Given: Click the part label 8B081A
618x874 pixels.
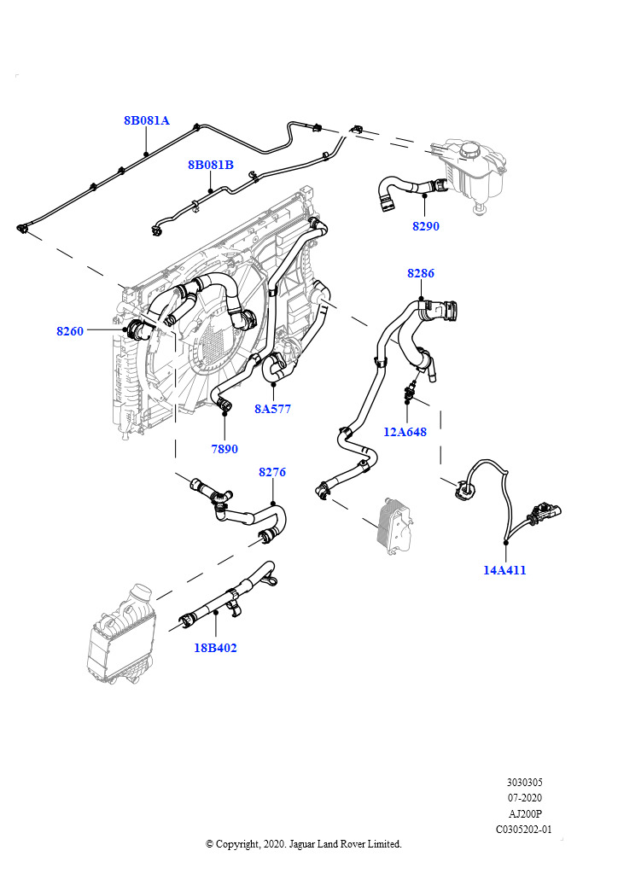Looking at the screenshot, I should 147,120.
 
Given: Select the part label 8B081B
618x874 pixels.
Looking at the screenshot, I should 211,165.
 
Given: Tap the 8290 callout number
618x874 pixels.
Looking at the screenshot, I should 425,226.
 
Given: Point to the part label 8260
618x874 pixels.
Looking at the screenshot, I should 70,330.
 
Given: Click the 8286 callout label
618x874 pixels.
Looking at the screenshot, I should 420,273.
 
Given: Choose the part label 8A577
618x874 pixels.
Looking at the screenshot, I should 272,409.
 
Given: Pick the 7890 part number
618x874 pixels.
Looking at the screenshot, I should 224,449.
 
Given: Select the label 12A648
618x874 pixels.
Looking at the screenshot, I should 405,432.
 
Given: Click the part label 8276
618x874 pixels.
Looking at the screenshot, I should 271,471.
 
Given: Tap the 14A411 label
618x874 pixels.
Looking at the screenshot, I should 504,570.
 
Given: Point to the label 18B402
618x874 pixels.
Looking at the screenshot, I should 215,648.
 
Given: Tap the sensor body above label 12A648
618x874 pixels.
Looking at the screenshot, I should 411,393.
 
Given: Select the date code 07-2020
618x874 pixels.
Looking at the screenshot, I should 524,798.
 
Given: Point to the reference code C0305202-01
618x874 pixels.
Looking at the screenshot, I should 524,829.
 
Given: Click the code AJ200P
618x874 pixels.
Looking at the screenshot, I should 524,813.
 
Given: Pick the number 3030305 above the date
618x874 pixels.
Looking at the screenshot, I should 524,783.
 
